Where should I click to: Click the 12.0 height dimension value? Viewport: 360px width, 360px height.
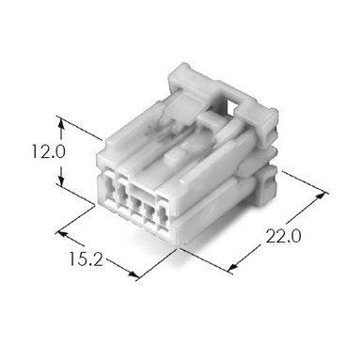coord(49,151)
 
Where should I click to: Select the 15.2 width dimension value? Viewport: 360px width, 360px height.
coord(86,259)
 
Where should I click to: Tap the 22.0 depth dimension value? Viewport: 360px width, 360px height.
coord(283,236)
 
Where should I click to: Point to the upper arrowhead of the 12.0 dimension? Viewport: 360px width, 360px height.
coord(61,123)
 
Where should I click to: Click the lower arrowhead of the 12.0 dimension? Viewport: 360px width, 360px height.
coord(61,180)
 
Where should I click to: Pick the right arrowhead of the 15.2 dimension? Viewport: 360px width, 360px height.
coord(133,274)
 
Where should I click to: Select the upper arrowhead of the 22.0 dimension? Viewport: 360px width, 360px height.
coord(321,196)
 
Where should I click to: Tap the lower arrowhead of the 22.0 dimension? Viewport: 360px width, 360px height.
coord(232,267)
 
